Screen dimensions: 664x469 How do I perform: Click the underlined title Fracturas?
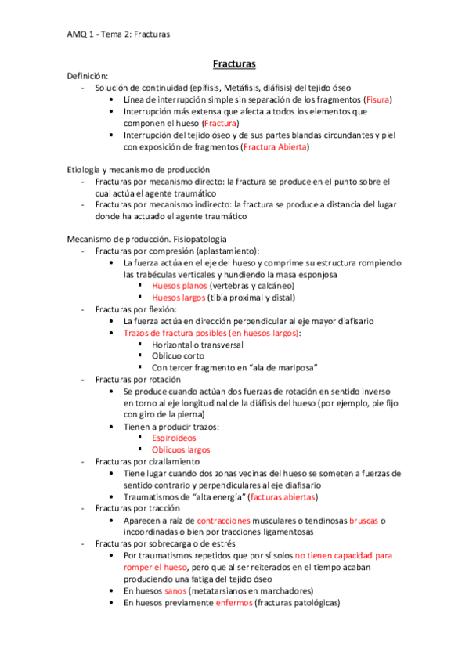pos(235,63)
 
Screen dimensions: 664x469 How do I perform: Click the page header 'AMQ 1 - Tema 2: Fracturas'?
pos(118,34)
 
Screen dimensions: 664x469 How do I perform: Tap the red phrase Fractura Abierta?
pos(276,146)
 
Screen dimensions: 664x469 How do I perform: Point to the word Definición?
pos(88,75)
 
